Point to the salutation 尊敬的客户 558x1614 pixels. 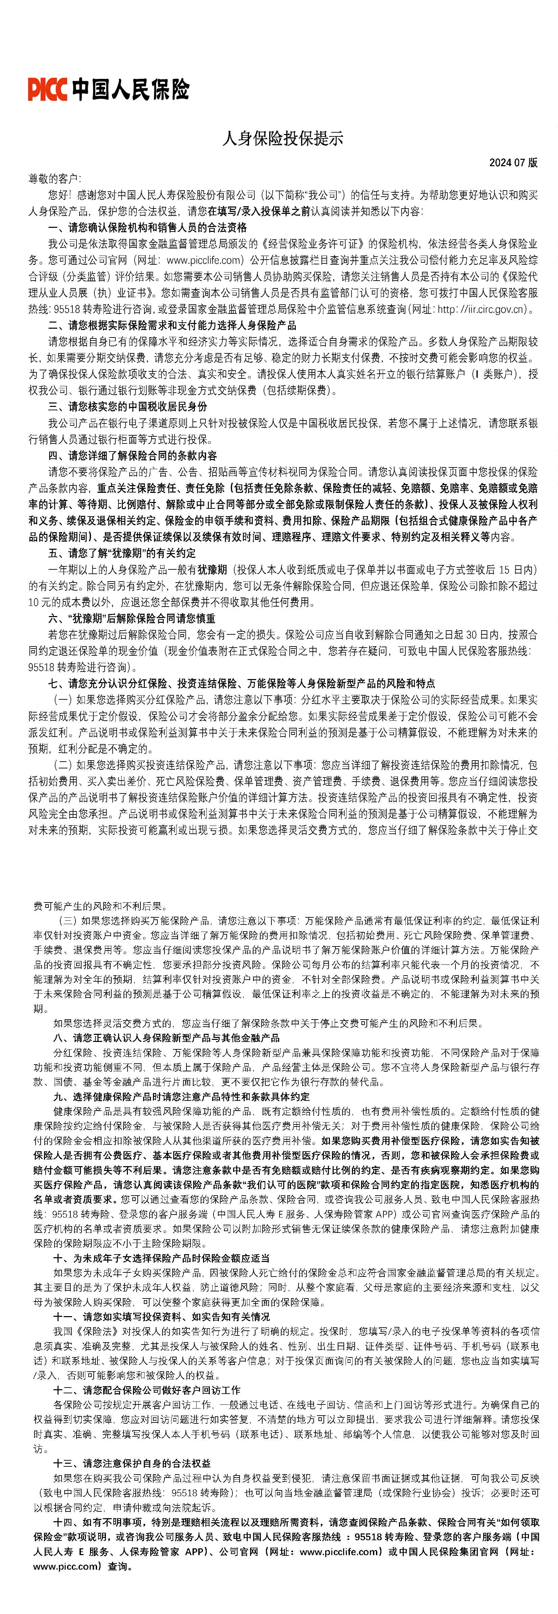54,179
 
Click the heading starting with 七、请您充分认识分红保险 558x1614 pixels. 241,683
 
